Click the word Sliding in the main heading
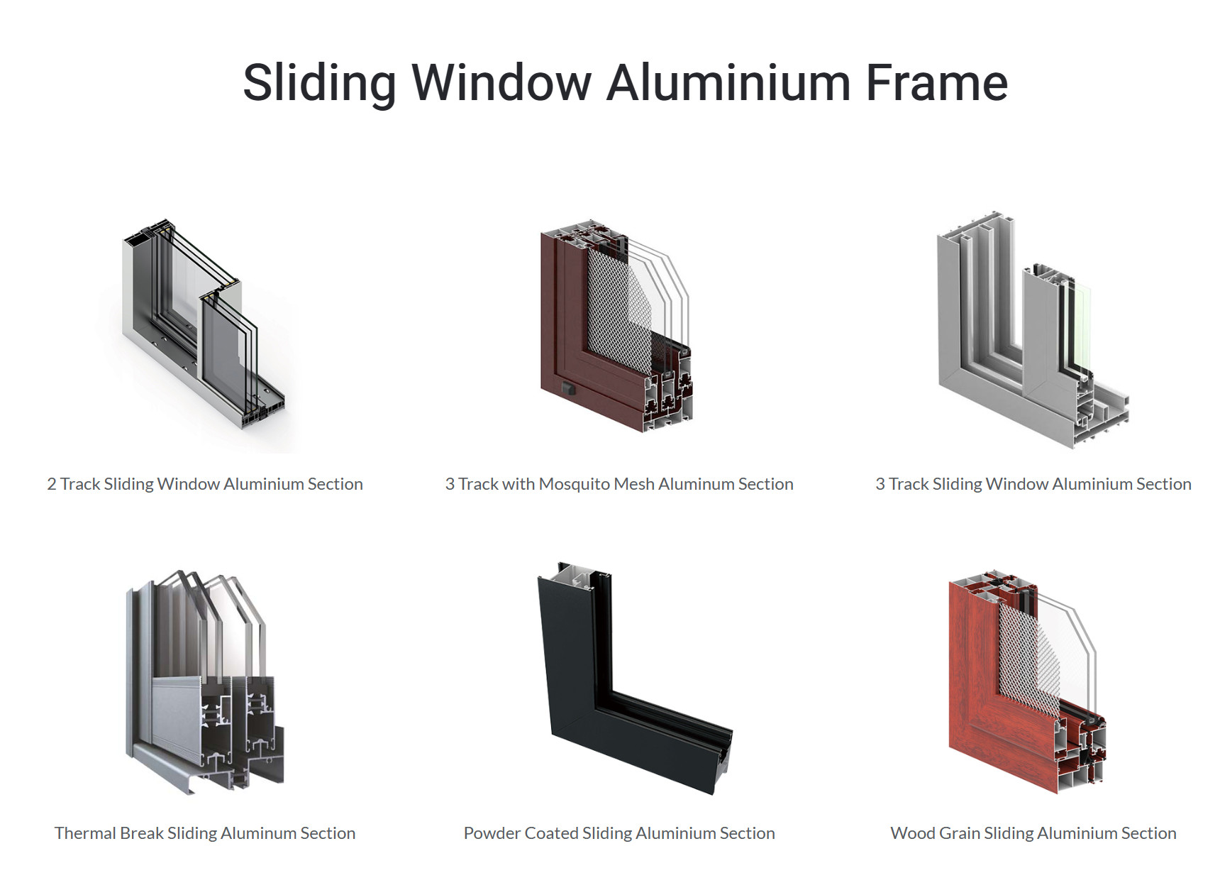click(320, 84)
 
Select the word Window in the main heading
click(501, 82)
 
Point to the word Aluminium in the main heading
click(728, 82)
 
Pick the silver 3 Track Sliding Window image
click(1033, 330)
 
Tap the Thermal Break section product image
click(204, 681)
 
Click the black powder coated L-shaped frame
click(633, 678)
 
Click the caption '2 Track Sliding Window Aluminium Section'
click(205, 484)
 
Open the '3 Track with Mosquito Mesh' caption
click(619, 484)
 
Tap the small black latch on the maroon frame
click(567, 388)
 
